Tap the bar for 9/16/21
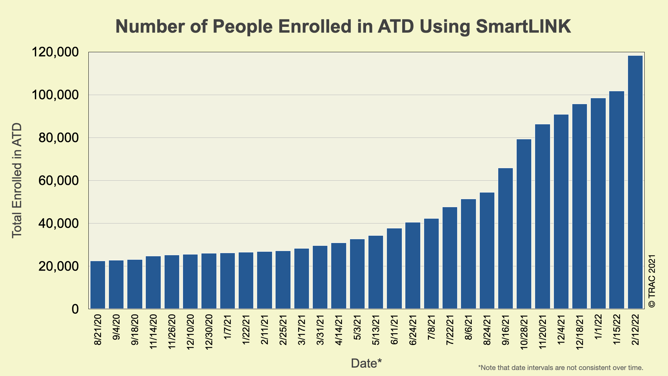click(505, 238)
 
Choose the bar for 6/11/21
click(394, 268)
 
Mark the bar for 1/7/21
click(228, 281)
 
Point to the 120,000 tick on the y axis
click(55, 53)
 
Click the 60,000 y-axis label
click(55, 181)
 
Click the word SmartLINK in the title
click(523, 26)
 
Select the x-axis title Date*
click(366, 363)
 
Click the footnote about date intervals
click(560, 368)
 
